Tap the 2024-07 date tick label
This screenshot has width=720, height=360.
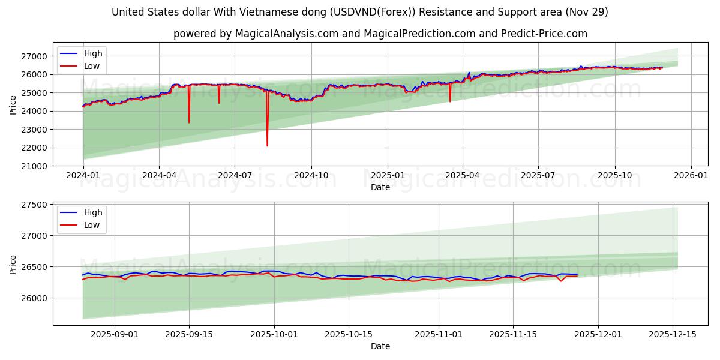point(234,176)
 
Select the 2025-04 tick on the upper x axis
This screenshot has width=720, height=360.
point(462,176)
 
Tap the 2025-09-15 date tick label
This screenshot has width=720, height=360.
point(189,335)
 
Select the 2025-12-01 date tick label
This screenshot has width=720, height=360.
point(598,335)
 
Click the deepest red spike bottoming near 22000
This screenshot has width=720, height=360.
point(267,145)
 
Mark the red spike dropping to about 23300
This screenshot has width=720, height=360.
point(189,122)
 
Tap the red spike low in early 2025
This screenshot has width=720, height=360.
point(450,101)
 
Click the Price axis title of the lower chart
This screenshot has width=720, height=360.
point(13,265)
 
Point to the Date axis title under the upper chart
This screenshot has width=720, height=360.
point(380,187)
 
